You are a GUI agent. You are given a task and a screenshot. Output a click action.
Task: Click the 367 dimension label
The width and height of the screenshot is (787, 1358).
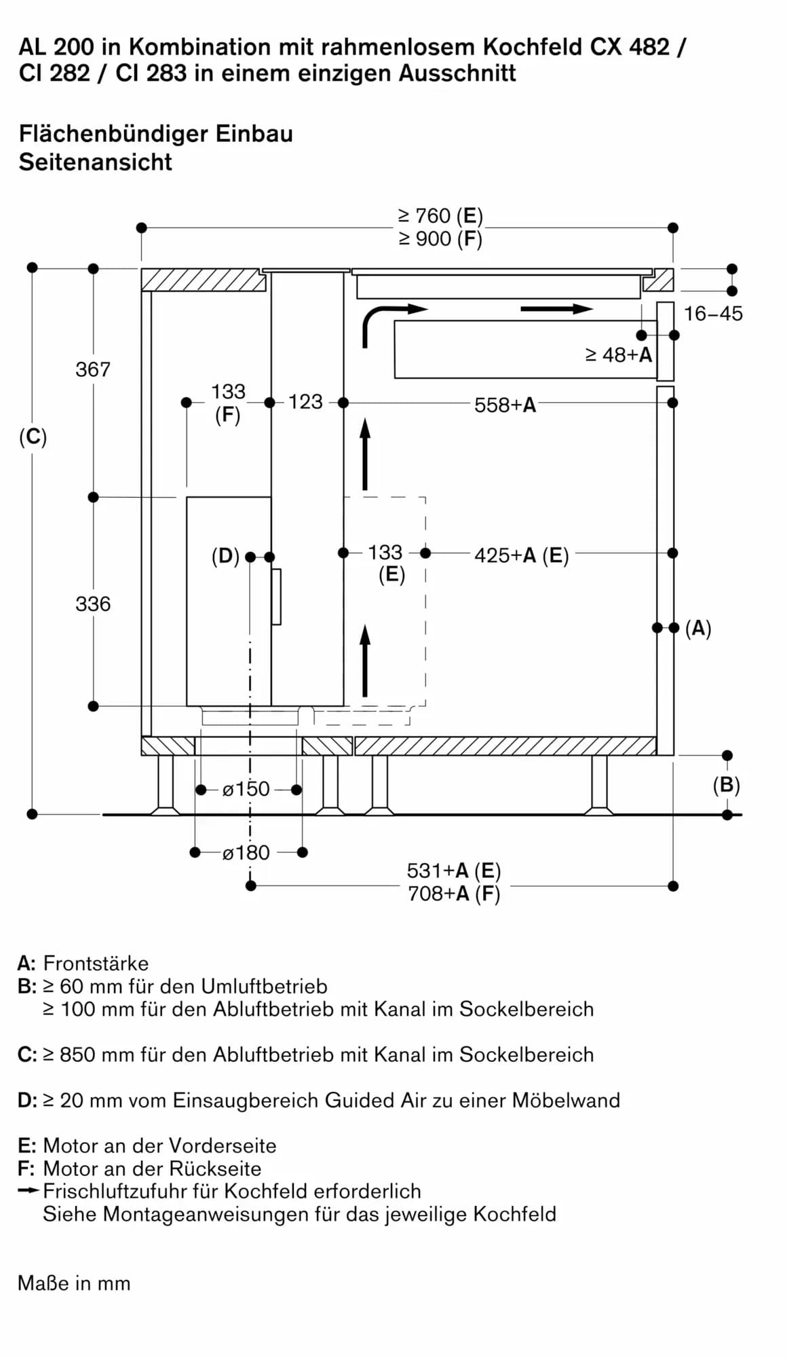(93, 369)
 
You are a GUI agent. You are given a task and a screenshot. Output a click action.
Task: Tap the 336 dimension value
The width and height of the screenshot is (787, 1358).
(93, 604)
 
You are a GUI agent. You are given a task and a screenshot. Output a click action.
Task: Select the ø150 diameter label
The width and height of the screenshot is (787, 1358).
(246, 789)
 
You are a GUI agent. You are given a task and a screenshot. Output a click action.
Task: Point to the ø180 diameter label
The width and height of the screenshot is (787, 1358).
(246, 852)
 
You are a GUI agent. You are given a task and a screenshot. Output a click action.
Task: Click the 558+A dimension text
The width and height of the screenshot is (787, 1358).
(505, 405)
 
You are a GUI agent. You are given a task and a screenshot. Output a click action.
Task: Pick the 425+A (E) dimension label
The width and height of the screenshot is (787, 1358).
(521, 555)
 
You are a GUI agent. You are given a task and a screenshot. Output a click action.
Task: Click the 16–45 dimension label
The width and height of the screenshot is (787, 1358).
(712, 314)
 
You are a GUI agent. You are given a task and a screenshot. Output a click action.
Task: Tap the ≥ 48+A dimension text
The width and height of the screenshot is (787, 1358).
(618, 354)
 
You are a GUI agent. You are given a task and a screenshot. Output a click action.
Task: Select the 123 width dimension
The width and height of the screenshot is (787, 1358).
(305, 402)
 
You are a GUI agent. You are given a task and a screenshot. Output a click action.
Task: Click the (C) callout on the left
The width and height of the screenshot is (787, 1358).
(33, 437)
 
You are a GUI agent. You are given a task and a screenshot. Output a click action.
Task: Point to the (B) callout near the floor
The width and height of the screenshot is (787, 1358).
(726, 785)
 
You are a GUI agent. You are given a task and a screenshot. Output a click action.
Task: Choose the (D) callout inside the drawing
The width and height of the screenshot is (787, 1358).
(225, 556)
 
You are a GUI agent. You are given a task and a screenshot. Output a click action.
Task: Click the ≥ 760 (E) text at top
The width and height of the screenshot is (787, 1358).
(440, 216)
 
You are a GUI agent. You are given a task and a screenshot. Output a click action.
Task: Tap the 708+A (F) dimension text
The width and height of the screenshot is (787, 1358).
(453, 894)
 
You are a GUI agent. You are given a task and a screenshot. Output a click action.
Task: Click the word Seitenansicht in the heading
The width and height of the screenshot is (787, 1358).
(96, 162)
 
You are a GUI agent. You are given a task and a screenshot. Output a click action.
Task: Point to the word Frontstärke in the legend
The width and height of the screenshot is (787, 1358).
(96, 963)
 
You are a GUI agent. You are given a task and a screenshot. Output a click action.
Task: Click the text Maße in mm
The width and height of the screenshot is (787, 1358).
(74, 1283)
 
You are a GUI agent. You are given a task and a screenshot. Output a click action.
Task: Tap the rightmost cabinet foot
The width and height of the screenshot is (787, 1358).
(599, 785)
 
